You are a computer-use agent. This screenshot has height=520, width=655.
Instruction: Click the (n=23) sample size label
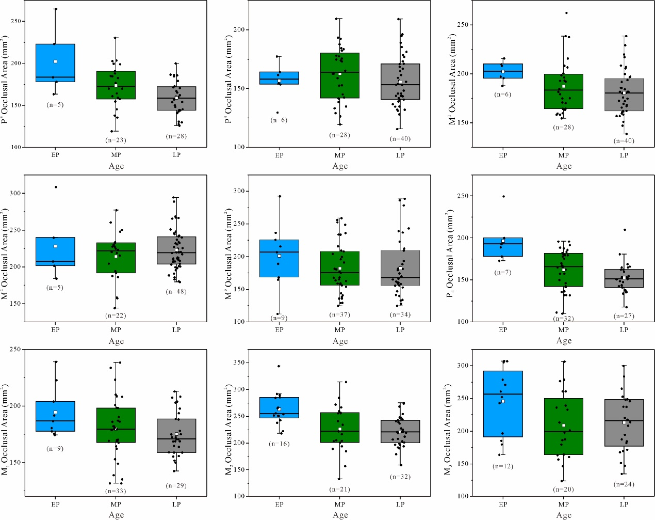[116, 140]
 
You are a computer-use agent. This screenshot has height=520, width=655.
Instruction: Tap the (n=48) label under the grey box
[176, 292]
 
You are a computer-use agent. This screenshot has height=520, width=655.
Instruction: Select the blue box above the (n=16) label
[279, 407]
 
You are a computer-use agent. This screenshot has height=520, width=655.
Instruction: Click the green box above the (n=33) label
[116, 425]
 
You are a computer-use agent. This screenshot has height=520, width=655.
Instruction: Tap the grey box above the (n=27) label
[624, 278]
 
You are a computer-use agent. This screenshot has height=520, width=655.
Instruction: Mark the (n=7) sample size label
[503, 272]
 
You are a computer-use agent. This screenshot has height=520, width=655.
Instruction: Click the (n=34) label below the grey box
[400, 314]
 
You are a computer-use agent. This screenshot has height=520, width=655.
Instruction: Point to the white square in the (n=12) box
[503, 401]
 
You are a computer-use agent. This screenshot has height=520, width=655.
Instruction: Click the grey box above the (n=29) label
[176, 435]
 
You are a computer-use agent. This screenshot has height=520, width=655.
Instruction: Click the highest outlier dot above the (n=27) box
[625, 230]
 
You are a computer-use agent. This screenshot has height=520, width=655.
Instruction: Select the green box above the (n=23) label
[116, 85]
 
